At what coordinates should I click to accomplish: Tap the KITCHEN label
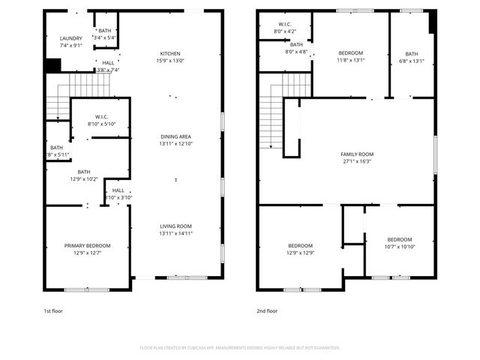170,53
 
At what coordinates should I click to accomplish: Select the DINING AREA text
175,136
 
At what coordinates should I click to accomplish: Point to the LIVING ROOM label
175,226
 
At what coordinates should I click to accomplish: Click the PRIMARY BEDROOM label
87,246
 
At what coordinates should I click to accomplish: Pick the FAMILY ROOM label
357,154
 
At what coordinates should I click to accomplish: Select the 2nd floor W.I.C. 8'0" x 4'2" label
286,31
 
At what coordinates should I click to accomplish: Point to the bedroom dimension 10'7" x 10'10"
399,247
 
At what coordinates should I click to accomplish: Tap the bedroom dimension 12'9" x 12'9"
300,253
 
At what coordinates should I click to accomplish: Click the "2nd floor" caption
267,310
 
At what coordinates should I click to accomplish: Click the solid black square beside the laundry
52,65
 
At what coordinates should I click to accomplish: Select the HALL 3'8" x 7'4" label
108,66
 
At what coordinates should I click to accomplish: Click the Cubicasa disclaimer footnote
240,348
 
